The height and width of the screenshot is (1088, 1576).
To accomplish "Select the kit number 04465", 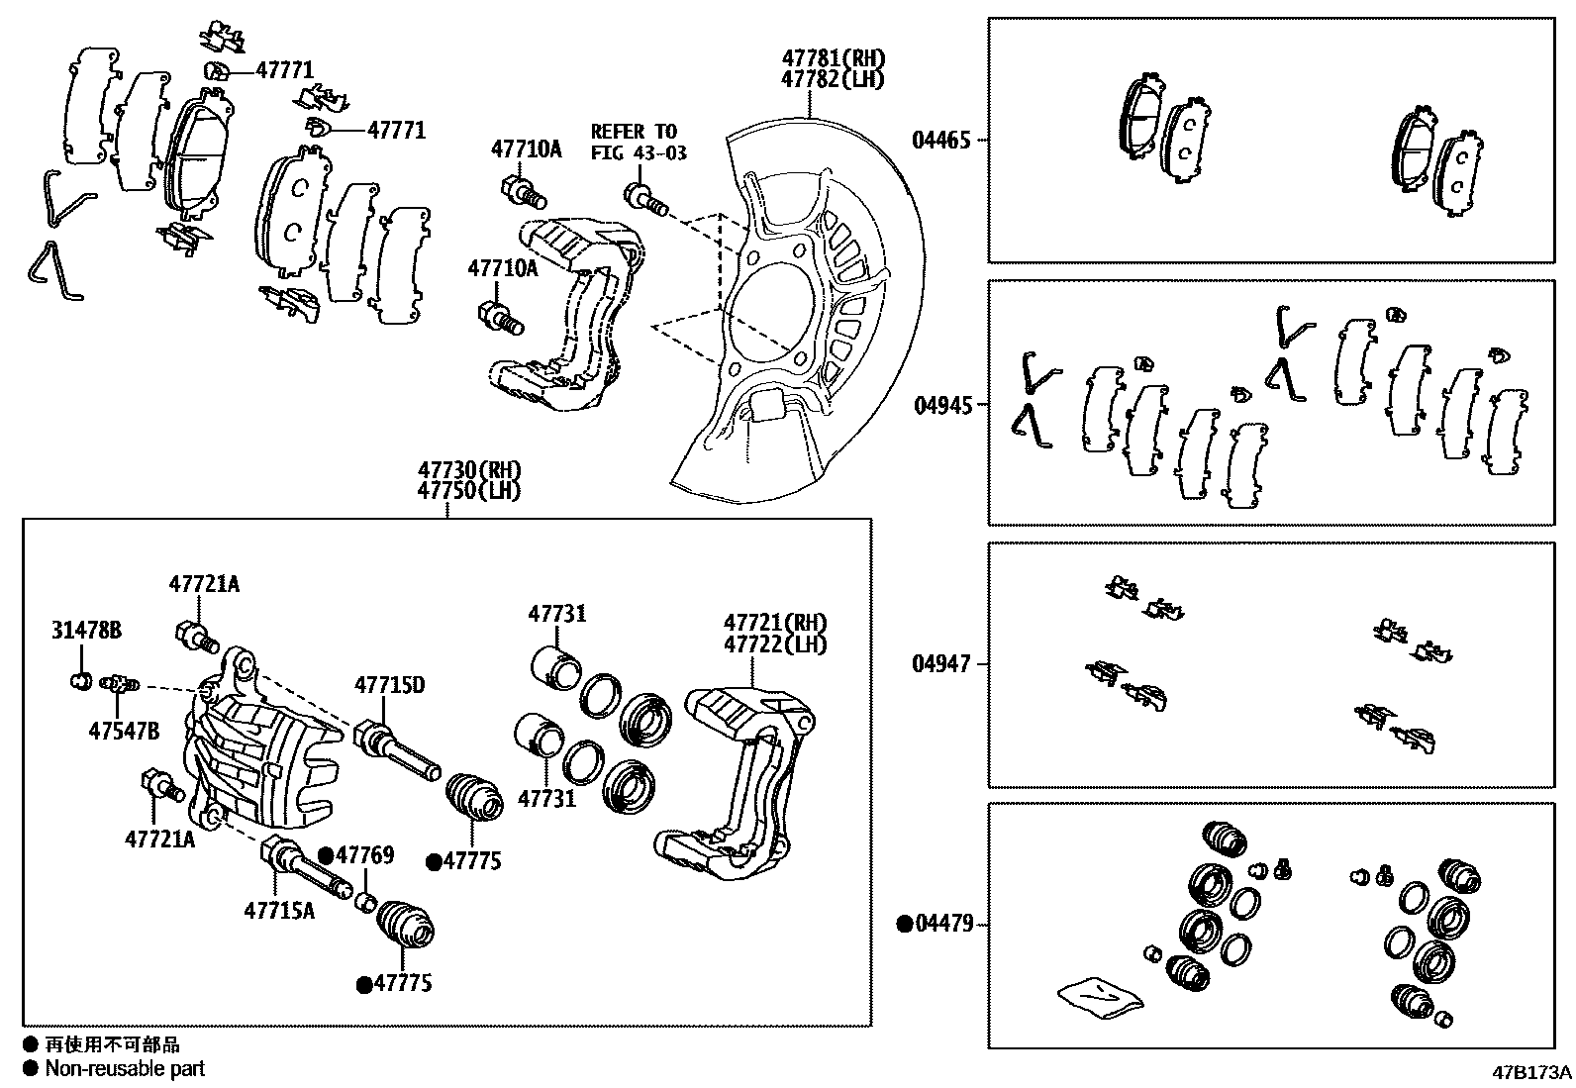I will click(940, 141).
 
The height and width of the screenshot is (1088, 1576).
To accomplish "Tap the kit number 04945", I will click(940, 405).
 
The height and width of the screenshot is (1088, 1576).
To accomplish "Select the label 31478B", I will click(86, 630).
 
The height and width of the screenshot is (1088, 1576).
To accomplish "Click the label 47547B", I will click(124, 732).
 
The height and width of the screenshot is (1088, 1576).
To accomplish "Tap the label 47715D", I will click(389, 684).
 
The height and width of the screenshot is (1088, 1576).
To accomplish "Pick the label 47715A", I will click(279, 910).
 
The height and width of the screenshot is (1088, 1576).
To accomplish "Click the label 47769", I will click(365, 854).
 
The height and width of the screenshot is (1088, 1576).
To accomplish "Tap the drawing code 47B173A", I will click(1532, 1072).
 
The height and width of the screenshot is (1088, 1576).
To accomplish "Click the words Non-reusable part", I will click(125, 1068).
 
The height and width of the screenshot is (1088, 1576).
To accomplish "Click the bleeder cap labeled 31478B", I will click(80, 680).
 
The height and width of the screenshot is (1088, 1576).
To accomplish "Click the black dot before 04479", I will click(903, 925).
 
